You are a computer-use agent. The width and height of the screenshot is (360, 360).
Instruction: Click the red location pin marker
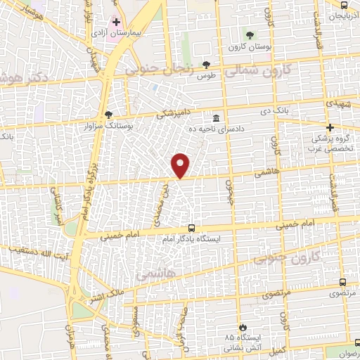click(x=181, y=165)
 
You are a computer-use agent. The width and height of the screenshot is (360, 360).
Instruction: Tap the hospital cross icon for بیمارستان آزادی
click(x=116, y=22)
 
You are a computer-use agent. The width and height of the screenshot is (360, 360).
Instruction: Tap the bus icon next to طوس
click(x=205, y=63)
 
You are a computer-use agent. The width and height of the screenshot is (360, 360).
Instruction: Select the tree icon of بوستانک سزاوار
click(x=108, y=114)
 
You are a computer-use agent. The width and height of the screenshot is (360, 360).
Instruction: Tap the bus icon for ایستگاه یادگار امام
click(x=191, y=228)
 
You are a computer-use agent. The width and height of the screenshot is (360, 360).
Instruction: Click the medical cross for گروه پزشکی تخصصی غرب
click(x=330, y=127)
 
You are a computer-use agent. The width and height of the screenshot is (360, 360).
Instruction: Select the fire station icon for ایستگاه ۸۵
click(x=243, y=327)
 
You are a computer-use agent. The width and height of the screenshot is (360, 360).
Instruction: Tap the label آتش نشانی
click(x=238, y=347)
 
